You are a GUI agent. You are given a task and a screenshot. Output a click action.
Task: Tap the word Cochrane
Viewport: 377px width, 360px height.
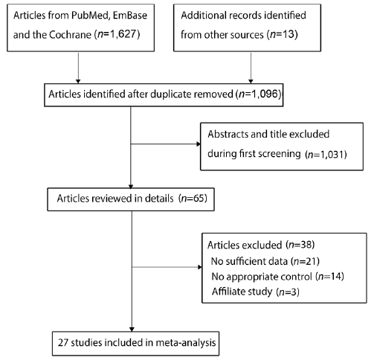coord(70,35)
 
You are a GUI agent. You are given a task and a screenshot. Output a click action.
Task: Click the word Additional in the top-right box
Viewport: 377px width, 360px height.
coord(203,16)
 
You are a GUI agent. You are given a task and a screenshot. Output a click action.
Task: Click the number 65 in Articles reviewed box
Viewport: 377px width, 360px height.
coord(199,199)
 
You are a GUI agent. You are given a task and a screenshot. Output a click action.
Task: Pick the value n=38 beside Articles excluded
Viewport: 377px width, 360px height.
coord(300,245)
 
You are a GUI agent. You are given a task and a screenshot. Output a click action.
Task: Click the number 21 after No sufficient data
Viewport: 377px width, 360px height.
coord(311,261)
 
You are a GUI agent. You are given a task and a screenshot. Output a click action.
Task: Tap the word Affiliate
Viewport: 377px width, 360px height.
coord(228,292)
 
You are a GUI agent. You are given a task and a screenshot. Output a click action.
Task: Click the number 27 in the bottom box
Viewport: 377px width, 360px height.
coord(63,343)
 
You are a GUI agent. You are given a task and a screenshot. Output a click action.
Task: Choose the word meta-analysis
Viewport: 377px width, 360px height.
coord(186,343)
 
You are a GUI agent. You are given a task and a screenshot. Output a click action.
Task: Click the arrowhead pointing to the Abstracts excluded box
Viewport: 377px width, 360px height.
coord(199,144)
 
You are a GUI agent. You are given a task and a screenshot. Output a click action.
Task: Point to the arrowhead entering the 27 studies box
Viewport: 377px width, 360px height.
coord(132,330)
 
